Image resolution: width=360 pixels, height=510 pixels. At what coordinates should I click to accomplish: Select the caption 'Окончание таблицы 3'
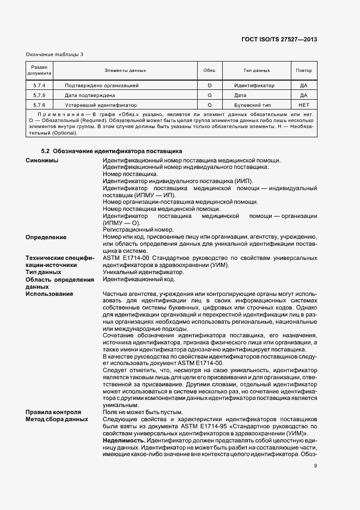click(54, 54)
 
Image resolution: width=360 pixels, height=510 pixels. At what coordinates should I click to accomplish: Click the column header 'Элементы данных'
click(125, 71)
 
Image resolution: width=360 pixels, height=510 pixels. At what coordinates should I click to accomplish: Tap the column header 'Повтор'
click(304, 71)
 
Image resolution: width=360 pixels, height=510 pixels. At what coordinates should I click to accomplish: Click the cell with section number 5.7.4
click(39, 86)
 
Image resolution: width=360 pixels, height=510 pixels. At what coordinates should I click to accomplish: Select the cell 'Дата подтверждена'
click(90, 95)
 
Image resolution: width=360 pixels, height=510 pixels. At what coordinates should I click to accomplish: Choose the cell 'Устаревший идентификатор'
click(101, 105)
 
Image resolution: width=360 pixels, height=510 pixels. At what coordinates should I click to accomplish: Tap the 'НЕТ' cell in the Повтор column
click(304, 105)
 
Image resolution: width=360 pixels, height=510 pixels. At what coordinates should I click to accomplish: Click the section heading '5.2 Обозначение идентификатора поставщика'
click(112, 150)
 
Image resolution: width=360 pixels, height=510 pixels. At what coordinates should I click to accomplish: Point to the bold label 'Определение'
click(46, 238)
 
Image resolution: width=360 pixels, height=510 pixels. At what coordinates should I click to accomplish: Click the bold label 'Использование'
click(49, 294)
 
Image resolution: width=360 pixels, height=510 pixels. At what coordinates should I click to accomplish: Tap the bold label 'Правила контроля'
click(53, 412)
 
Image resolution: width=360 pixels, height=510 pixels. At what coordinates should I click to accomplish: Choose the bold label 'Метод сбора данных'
click(57, 420)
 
